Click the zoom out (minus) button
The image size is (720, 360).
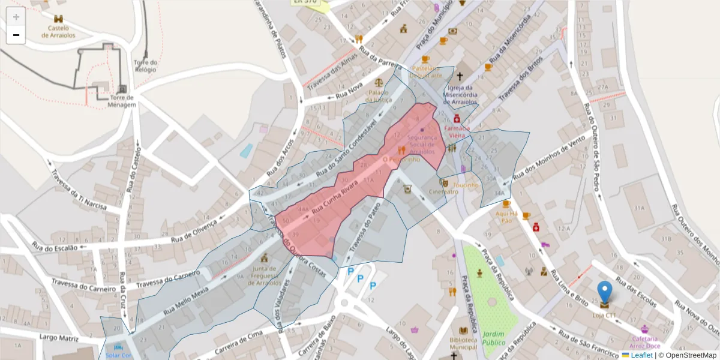click(x=16, y=35)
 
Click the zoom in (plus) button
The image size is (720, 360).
click(x=16, y=17)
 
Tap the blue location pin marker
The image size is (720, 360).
click(x=605, y=292)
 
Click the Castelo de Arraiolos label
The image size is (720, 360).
click(x=55, y=31)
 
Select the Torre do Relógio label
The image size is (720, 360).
click(x=146, y=65)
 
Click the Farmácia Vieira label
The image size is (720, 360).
click(x=457, y=131)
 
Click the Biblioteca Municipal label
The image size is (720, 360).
click(x=464, y=343)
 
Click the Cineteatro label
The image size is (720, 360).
click(x=444, y=192)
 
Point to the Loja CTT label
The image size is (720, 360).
click(x=604, y=315)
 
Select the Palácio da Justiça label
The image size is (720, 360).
click(x=380, y=96)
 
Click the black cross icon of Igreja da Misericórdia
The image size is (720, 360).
click(x=460, y=77)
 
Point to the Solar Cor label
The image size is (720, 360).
click(x=118, y=355)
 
